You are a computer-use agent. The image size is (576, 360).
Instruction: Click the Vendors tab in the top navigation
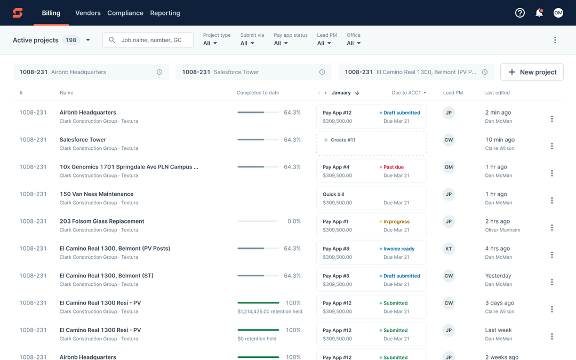[87, 13]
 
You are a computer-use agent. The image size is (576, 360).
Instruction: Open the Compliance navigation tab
[125, 13]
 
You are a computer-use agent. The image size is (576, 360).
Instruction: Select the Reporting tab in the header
[165, 13]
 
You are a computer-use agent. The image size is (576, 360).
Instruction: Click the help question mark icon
[519, 13]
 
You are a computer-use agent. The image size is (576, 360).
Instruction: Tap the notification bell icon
[539, 13]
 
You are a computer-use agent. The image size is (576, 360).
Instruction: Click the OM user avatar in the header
[558, 13]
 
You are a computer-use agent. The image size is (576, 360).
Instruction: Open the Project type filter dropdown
[211, 43]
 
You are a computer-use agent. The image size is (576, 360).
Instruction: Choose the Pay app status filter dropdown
[281, 43]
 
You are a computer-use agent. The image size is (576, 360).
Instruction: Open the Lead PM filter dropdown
[324, 43]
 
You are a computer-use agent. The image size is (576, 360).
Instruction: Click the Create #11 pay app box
[371, 143]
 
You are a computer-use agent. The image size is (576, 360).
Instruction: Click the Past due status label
[393, 167]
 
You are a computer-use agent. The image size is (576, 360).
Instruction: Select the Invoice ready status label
[398, 249]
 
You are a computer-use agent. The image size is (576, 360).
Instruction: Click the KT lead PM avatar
[449, 249]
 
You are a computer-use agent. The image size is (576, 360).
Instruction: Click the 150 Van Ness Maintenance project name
[97, 194]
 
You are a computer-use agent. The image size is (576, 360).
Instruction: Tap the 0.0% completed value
[294, 221]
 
